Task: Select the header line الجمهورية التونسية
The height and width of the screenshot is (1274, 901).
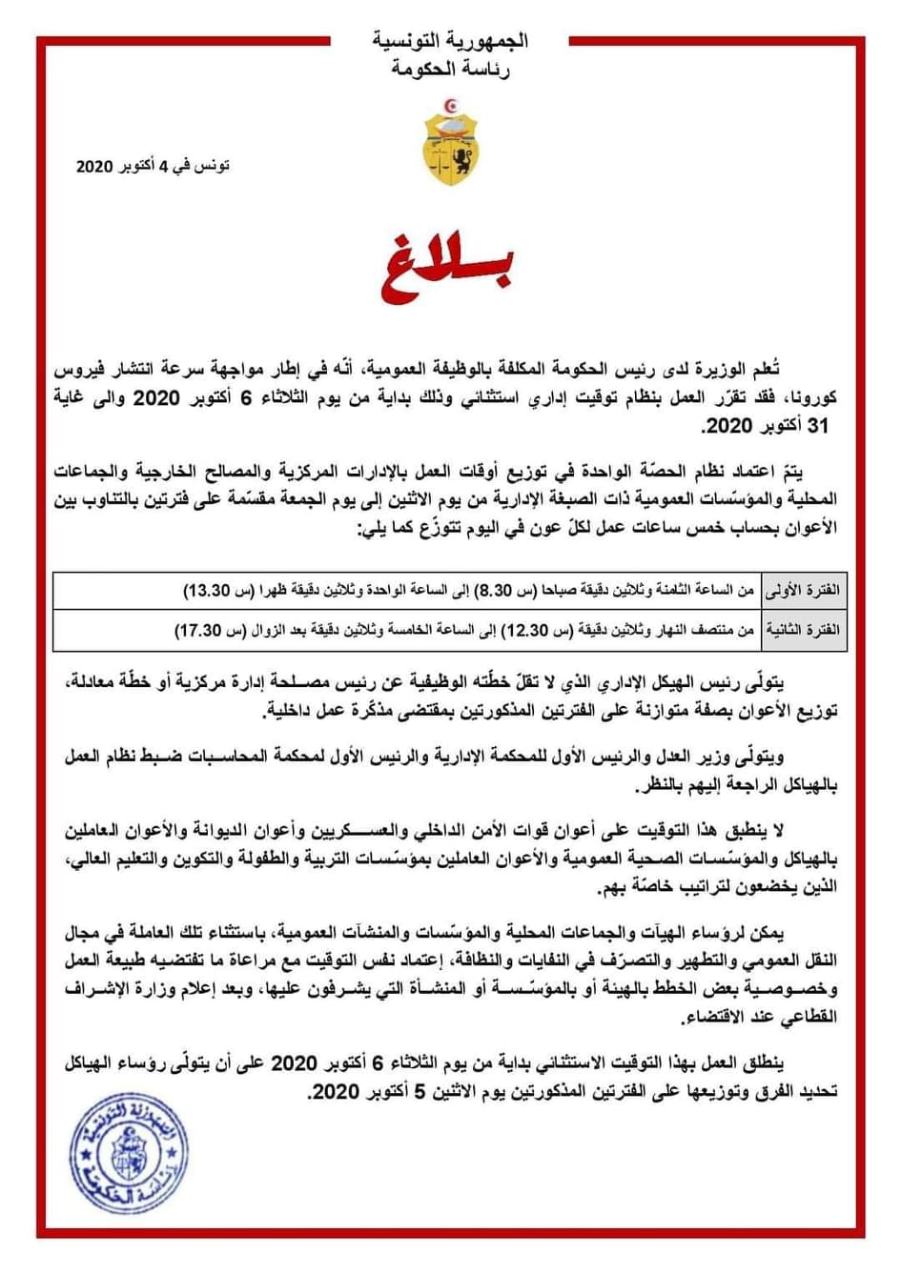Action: coord(450,42)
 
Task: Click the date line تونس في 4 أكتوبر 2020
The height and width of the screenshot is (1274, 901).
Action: coord(153,167)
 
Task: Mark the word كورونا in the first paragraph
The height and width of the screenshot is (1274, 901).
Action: coord(809,398)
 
